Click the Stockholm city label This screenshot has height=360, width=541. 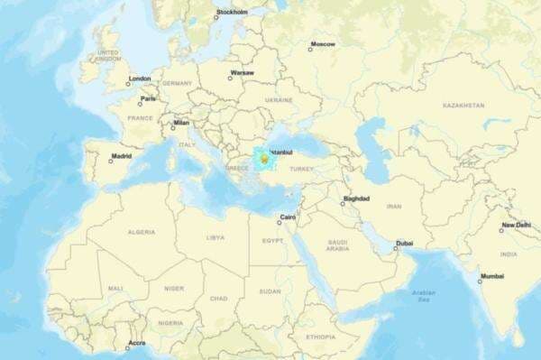[233, 12]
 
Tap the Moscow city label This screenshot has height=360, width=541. [323, 44]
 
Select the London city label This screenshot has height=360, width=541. [140, 78]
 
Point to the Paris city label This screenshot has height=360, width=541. [148, 98]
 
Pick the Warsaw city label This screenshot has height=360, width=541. [243, 72]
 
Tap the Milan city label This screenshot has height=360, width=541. [181, 123]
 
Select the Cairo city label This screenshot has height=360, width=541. [289, 217]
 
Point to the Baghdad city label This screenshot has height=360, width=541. [356, 198]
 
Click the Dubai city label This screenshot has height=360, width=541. [404, 243]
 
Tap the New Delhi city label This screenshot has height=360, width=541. [517, 225]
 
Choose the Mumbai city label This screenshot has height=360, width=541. [492, 276]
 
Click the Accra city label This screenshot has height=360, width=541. [137, 343]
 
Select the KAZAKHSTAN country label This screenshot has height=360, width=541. [463, 106]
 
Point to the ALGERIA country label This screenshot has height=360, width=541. [141, 232]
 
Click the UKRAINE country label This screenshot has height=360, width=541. [279, 100]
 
